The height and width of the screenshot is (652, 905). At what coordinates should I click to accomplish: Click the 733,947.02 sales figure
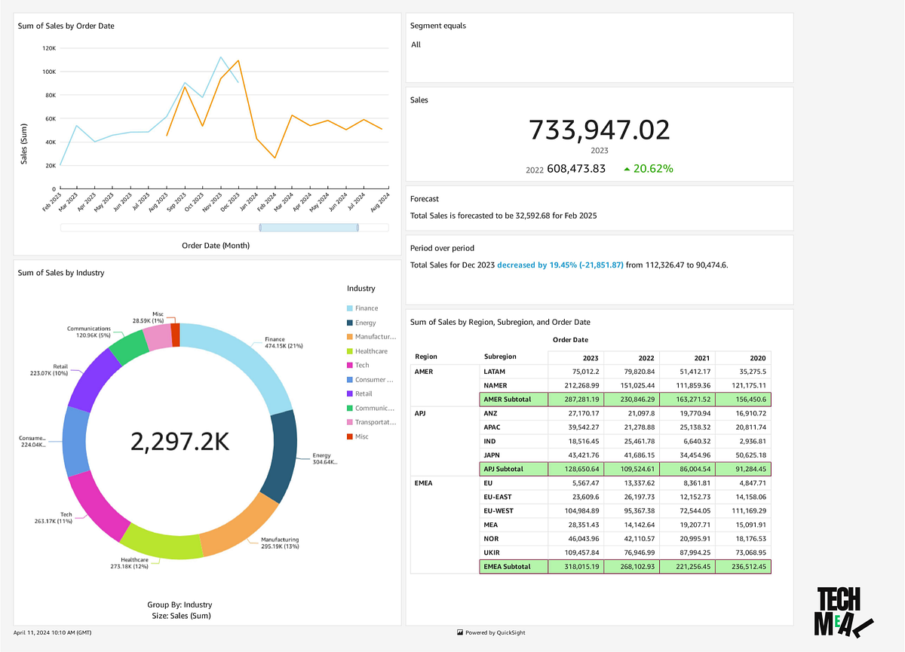pyautogui.click(x=599, y=130)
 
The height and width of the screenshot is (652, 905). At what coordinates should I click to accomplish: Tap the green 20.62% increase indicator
pyautogui.click(x=648, y=169)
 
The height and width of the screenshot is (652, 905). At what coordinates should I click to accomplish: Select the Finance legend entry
pyautogui.click(x=367, y=308)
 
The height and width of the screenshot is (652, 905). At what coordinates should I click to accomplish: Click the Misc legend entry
pyautogui.click(x=361, y=436)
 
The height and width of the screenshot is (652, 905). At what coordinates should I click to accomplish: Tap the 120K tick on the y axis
pyautogui.click(x=48, y=48)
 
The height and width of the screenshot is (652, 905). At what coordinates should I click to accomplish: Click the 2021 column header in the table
pyautogui.click(x=686, y=357)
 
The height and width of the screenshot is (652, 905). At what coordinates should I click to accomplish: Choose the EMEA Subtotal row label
pyautogui.click(x=507, y=566)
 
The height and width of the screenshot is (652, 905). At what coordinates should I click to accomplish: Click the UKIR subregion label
pyautogui.click(x=492, y=553)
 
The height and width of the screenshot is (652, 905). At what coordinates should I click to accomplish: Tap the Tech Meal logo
pyautogui.click(x=842, y=612)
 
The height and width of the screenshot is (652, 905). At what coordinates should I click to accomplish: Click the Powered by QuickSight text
pyautogui.click(x=494, y=632)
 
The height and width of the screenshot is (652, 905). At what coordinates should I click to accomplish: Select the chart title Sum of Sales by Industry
pyautogui.click(x=61, y=273)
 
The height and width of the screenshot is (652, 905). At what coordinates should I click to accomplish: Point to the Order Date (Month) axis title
pyautogui.click(x=215, y=245)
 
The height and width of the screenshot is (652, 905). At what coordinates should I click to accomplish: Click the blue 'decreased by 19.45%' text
pyautogui.click(x=560, y=265)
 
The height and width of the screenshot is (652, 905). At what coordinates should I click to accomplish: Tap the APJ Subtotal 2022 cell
pyautogui.click(x=632, y=469)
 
